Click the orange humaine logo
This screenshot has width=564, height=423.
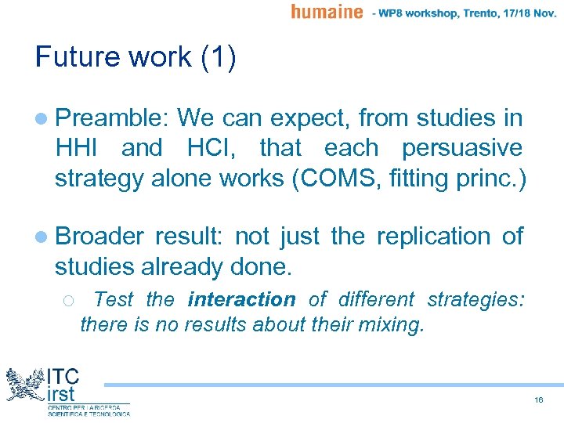[327, 12]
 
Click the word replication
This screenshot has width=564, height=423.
[434, 237]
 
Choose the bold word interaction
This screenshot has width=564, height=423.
[241, 299]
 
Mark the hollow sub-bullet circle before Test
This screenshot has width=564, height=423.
[67, 300]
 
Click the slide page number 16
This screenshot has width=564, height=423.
[539, 399]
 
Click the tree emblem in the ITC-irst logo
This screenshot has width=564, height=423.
[23, 385]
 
